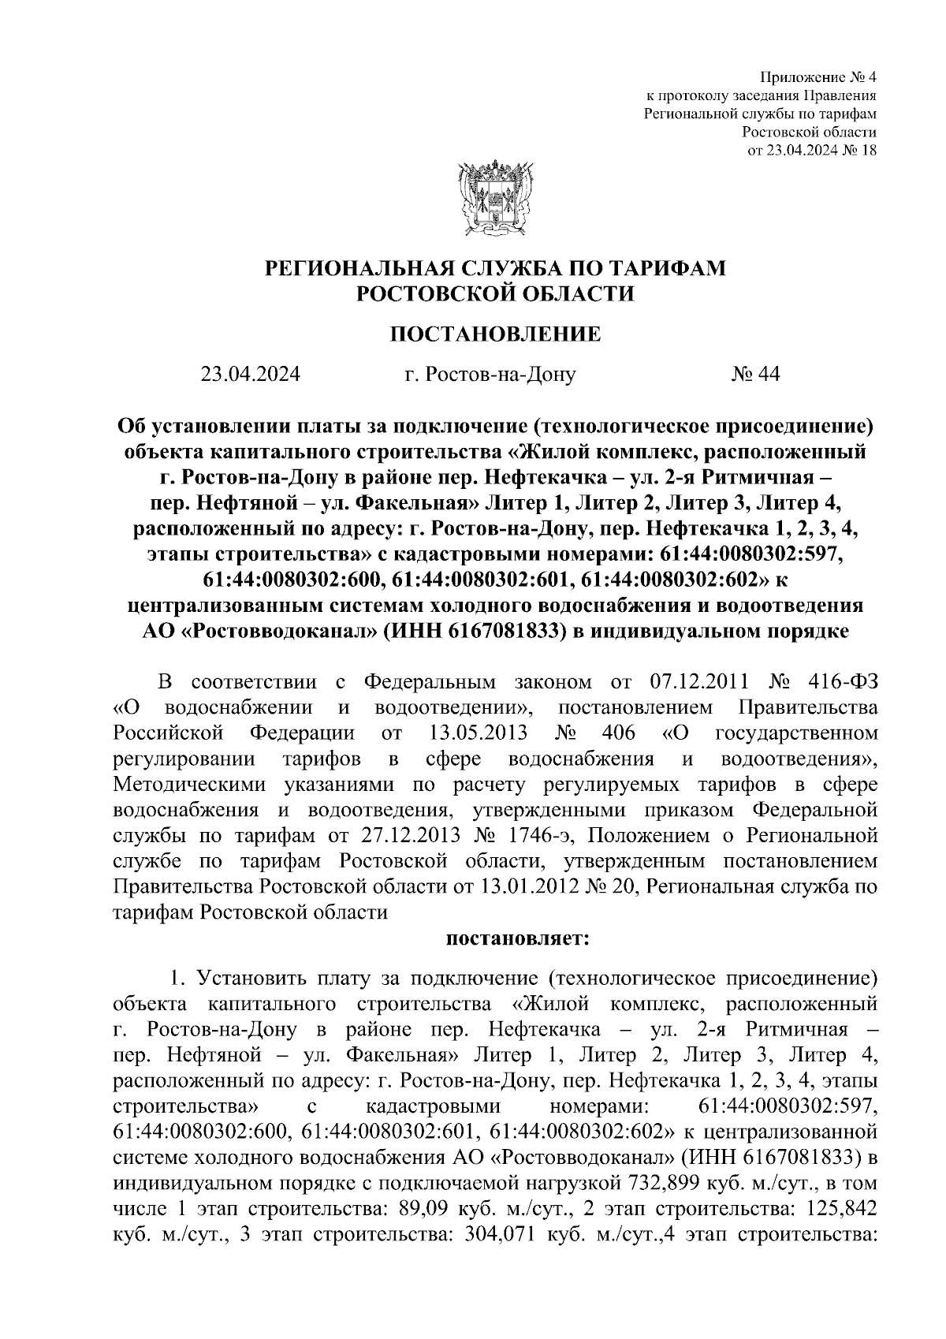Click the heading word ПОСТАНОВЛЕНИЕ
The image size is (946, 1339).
click(496, 334)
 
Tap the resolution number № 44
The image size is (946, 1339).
click(754, 374)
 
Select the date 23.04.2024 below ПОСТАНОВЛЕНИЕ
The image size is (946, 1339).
click(250, 374)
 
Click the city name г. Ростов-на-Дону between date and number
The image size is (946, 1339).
click(490, 374)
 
